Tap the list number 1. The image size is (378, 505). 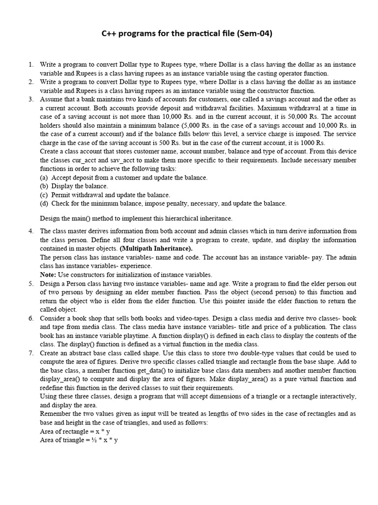31,65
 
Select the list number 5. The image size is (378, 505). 31,284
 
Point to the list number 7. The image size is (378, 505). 31,353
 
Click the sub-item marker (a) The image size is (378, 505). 44,178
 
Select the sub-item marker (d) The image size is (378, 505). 44,203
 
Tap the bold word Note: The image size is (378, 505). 48,275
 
